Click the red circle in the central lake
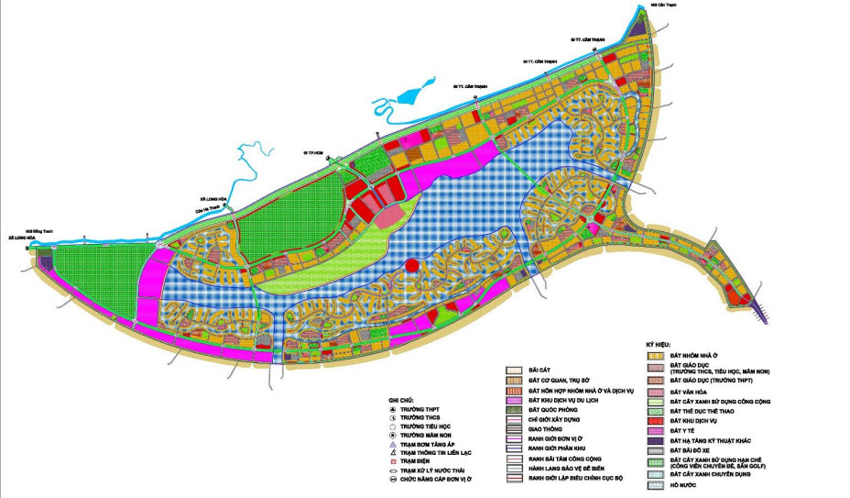click(411, 266)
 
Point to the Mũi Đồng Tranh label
click(41, 230)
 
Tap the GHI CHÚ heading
click(402, 401)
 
